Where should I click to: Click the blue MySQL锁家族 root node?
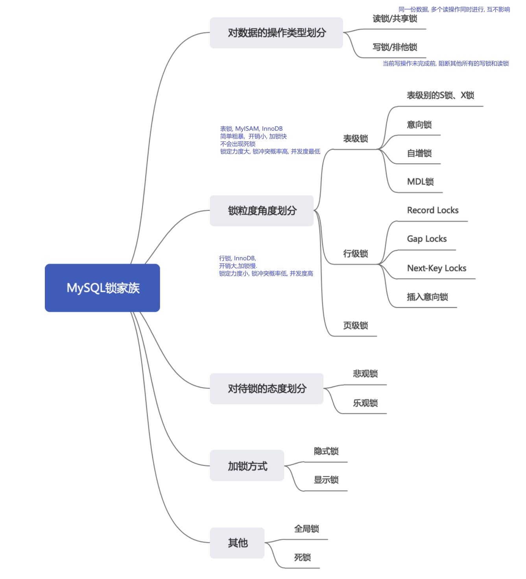pos(102,288)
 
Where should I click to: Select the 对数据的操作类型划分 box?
pos(276,33)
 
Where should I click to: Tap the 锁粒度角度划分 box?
pos(262,211)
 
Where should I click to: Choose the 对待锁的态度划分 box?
pos(266,389)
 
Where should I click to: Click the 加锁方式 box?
pos(247,466)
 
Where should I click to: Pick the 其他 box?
pos(237,543)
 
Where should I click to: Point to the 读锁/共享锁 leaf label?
pos(395,19)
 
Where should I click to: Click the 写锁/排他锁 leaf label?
pos(395,47)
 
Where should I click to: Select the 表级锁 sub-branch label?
pos(355,139)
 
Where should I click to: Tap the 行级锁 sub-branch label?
pos(355,254)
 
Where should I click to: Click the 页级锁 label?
pos(355,325)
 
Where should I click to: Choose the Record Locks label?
pos(433,210)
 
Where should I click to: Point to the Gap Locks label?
pos(427,239)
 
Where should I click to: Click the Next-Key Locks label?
pos(437,268)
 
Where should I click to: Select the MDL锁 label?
pos(420,182)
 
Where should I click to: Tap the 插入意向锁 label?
pos(427,297)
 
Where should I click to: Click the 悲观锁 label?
pos(365,374)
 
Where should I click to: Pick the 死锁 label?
pos(302,557)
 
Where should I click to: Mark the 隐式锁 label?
pos(326,451)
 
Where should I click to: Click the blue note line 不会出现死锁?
pos(238,144)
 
